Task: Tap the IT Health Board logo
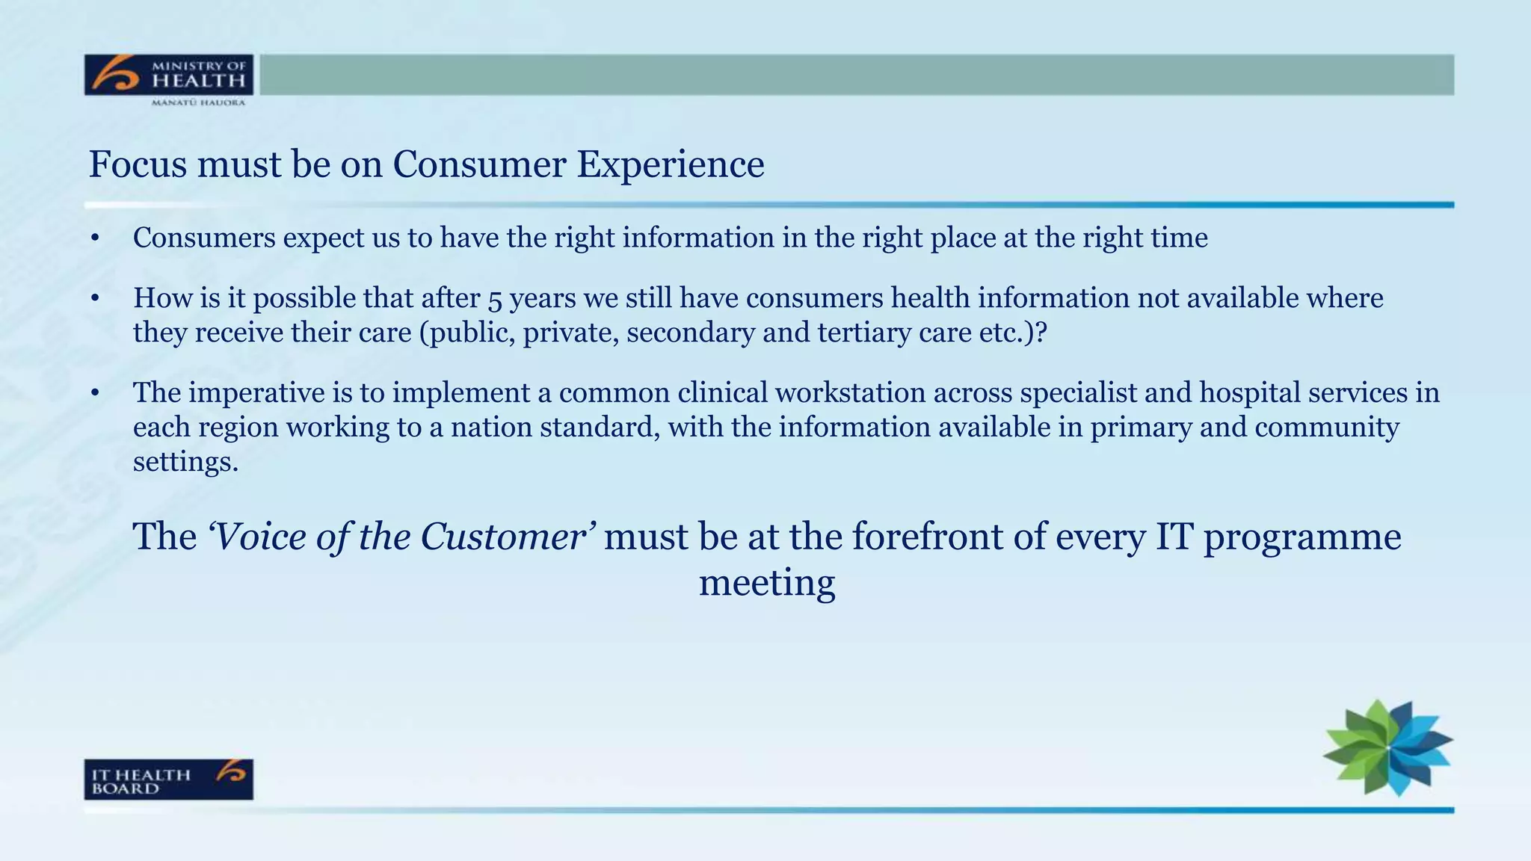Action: (x=168, y=780)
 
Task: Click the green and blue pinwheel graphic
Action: (x=1388, y=747)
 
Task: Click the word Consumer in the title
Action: (x=479, y=164)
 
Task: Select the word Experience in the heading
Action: (x=671, y=164)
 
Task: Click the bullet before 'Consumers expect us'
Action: (x=94, y=238)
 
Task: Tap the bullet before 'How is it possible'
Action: (x=94, y=299)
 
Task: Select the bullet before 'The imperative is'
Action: (x=94, y=393)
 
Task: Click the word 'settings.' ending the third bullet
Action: (x=185, y=462)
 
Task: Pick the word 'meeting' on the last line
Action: (x=766, y=582)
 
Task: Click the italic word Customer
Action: (x=503, y=537)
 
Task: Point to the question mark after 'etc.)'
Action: (x=1041, y=333)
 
